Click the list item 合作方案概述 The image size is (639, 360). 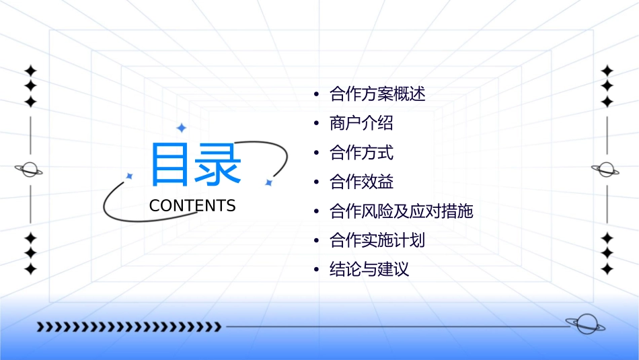pyautogui.click(x=377, y=94)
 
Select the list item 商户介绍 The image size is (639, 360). pyautogui.click(x=361, y=124)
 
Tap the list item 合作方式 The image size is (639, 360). pyautogui.click(x=361, y=153)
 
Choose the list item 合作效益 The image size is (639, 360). pyautogui.click(x=361, y=182)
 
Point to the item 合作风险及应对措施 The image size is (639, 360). pyautogui.click(x=402, y=211)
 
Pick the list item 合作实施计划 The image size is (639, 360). pyautogui.click(x=377, y=240)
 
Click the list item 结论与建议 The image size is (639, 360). pyautogui.click(x=369, y=270)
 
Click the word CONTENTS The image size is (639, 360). pyautogui.click(x=192, y=206)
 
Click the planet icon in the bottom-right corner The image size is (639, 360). pyautogui.click(x=585, y=324)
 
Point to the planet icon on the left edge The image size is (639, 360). pyautogui.click(x=29, y=170)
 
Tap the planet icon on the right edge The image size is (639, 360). pyautogui.click(x=606, y=170)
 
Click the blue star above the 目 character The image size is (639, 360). pyautogui.click(x=180, y=128)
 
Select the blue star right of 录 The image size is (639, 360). pyautogui.click(x=268, y=182)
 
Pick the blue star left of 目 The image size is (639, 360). pyautogui.click(x=129, y=176)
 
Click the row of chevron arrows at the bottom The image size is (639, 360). pyautogui.click(x=128, y=327)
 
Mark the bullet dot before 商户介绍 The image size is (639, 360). pyautogui.click(x=316, y=124)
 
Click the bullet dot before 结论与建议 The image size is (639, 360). pyautogui.click(x=316, y=270)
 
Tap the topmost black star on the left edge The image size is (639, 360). pyautogui.click(x=30, y=71)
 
